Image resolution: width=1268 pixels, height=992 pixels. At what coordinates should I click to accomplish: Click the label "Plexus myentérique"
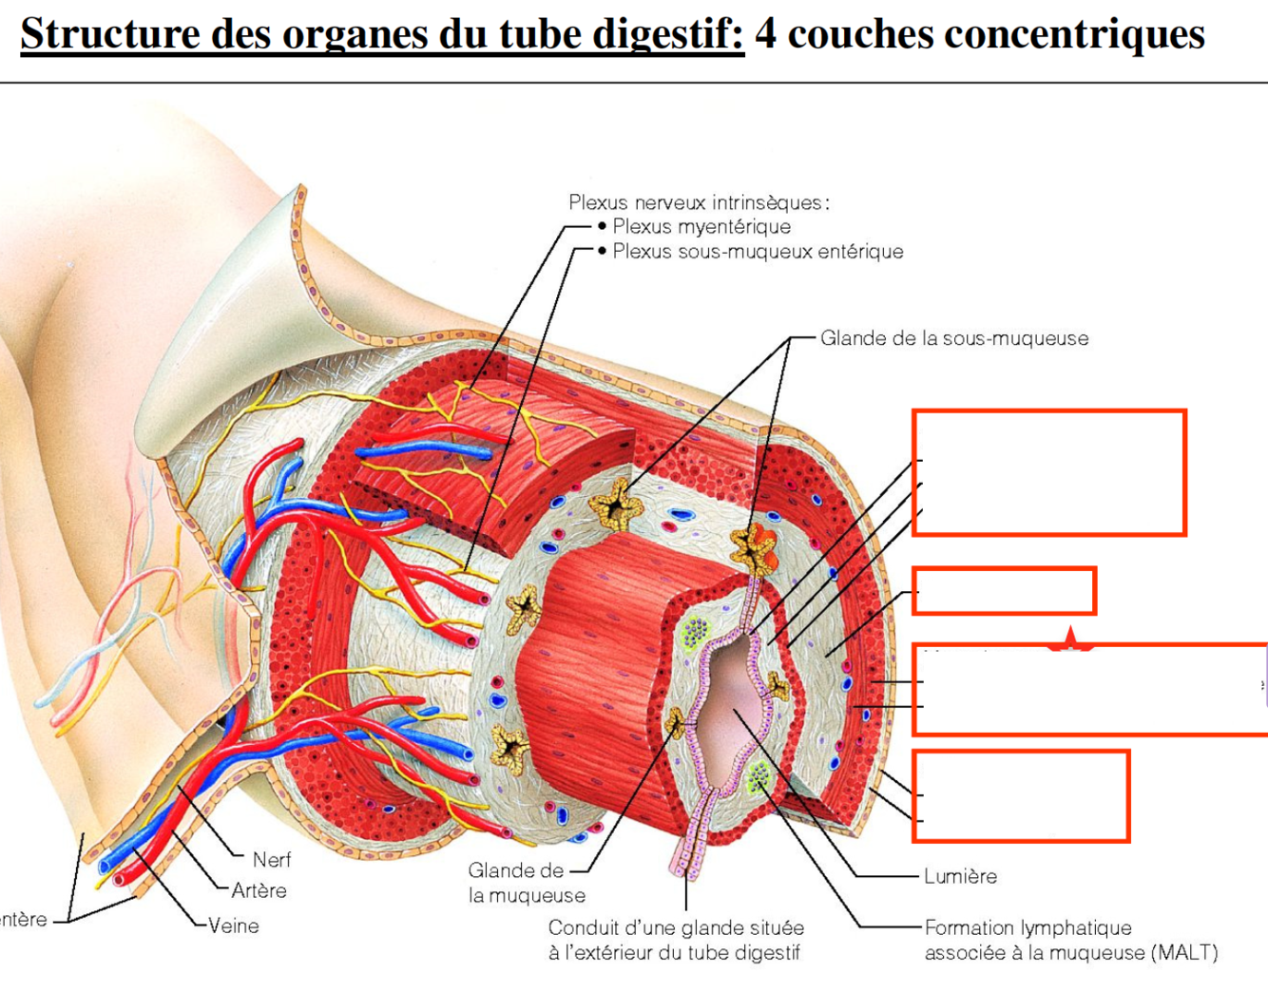[x=701, y=227]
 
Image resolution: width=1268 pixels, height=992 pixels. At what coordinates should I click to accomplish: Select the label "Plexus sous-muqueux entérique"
[x=758, y=252]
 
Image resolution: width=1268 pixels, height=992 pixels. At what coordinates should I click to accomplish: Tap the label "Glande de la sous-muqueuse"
[x=954, y=338]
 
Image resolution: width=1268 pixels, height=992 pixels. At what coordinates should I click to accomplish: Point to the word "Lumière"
[x=960, y=876]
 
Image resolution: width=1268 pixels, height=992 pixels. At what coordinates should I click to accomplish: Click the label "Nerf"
[x=272, y=860]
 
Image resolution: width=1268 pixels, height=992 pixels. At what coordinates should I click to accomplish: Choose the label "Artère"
[x=259, y=891]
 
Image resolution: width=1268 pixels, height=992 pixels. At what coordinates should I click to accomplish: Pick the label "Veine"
[x=234, y=925]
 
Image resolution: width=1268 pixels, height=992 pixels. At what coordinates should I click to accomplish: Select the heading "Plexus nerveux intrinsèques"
[x=699, y=202]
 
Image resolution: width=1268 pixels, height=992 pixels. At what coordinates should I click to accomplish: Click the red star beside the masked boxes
[x=1070, y=641]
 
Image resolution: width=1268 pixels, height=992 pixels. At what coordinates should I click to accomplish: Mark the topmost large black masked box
[x=1043, y=471]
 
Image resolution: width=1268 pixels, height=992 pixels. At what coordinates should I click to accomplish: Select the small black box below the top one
[x=1001, y=593]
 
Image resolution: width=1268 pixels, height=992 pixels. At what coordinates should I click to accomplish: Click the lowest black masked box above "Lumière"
[x=1018, y=794]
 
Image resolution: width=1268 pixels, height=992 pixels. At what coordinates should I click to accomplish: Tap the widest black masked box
[x=1092, y=686]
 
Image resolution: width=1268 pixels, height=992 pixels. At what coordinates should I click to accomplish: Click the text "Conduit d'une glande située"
[x=676, y=927]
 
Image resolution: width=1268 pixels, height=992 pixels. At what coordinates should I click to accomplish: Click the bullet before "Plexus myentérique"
[x=602, y=227]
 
